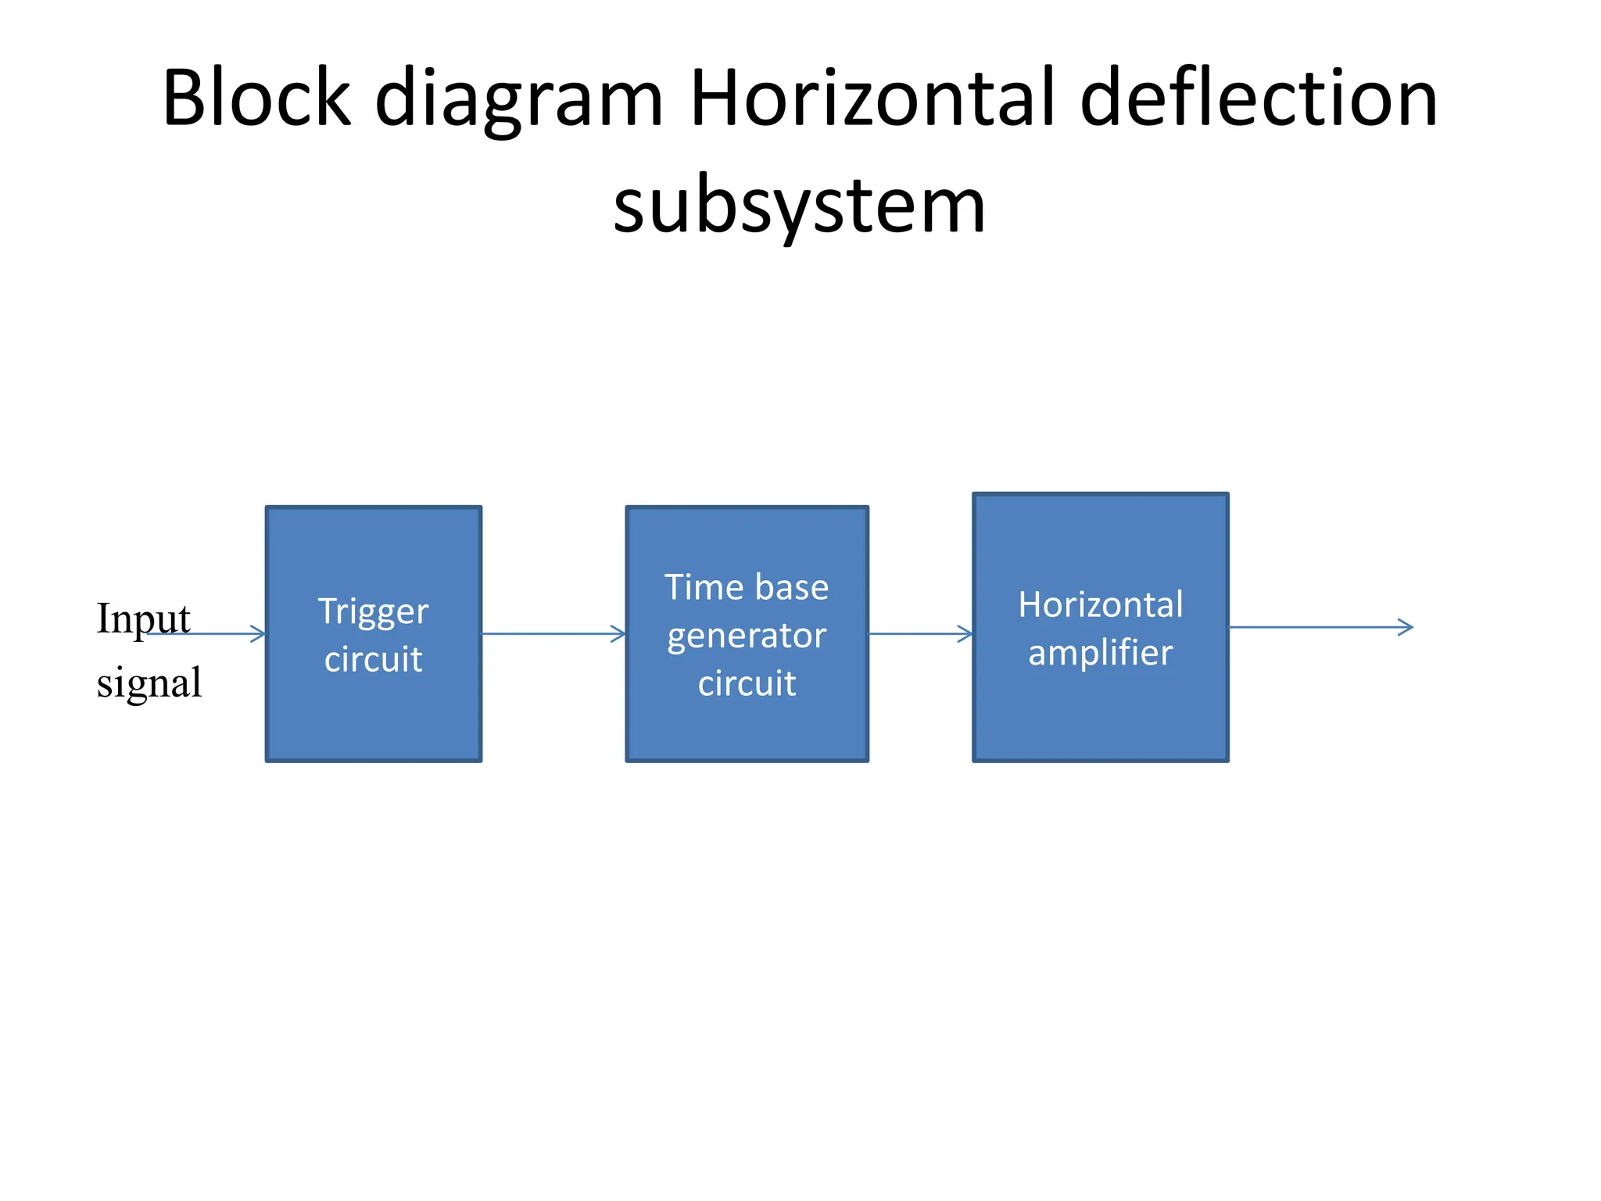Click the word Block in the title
(x=256, y=98)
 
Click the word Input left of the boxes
(x=143, y=618)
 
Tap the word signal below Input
(x=149, y=683)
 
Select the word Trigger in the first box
(x=373, y=612)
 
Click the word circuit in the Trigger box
(x=373, y=659)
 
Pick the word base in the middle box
(x=791, y=587)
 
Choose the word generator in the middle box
(x=747, y=636)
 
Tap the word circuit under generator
(x=747, y=683)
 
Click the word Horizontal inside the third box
(x=1100, y=604)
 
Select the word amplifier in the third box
(x=1100, y=653)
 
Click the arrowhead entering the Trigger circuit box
(x=258, y=633)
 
